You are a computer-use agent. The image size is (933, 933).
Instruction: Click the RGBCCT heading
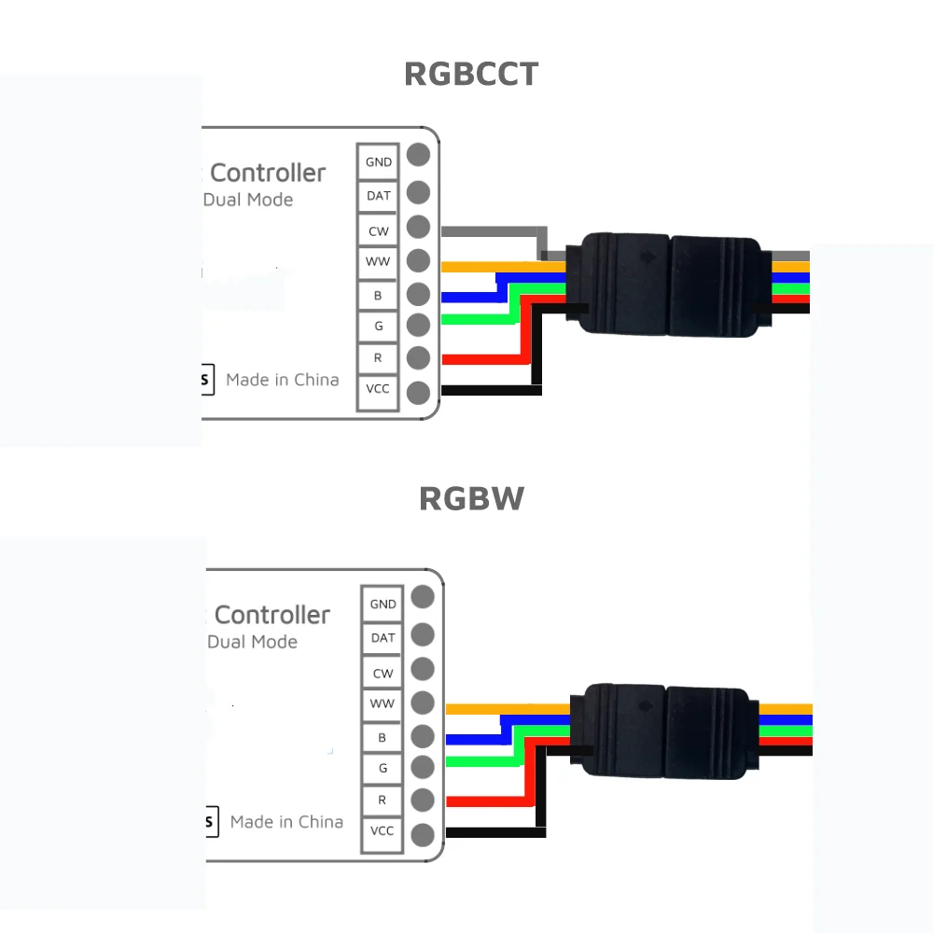(x=471, y=74)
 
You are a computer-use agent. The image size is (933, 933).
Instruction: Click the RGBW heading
(x=471, y=498)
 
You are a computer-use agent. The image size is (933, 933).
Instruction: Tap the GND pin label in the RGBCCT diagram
(x=379, y=161)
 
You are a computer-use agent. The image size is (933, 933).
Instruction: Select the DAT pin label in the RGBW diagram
(x=383, y=638)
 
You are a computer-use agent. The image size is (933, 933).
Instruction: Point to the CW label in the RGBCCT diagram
(x=379, y=230)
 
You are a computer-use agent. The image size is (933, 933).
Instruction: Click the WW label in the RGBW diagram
(x=383, y=703)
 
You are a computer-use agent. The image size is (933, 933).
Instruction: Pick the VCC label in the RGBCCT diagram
(x=379, y=388)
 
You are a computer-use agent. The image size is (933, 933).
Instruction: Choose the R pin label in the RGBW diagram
(x=383, y=800)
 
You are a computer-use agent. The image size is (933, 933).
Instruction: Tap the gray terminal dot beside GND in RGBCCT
(x=418, y=155)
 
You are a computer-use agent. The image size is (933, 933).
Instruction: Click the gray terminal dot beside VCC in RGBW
(x=423, y=834)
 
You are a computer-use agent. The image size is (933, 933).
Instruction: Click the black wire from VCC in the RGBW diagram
(x=494, y=831)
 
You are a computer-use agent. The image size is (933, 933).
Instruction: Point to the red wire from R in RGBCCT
(x=480, y=358)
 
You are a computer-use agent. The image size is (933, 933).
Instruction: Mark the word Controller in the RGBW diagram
(x=272, y=615)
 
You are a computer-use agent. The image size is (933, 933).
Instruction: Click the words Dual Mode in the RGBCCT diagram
(x=248, y=200)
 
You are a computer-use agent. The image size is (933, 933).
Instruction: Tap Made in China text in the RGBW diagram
(x=286, y=822)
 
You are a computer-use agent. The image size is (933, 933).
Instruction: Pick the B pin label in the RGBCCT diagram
(x=379, y=295)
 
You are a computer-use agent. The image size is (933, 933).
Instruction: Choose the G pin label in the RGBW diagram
(x=383, y=768)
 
